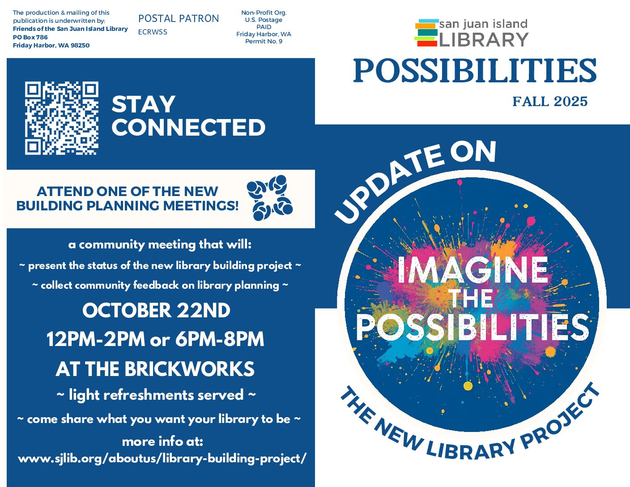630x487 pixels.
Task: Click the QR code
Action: coord(62,118)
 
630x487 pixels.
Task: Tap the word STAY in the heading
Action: coord(143,104)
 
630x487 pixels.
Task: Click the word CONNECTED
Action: coord(188,127)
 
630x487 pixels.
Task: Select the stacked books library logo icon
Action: coord(426,33)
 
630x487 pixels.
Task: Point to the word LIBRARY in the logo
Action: coord(484,40)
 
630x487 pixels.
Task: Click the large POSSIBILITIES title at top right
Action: coord(475,70)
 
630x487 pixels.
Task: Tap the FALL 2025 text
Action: coord(550,102)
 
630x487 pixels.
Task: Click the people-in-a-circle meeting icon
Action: coord(270,198)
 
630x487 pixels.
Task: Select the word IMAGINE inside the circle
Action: coord(473,270)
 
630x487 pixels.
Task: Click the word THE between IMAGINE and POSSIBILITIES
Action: coord(471,299)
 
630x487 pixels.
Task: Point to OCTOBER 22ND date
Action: coord(156,310)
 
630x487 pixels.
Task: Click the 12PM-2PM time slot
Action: coord(96,339)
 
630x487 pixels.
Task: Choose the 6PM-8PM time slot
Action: coord(220,339)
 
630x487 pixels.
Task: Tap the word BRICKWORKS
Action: coord(189,369)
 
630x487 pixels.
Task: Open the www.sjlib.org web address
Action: coord(162,458)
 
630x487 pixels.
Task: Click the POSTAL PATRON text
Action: coord(179,18)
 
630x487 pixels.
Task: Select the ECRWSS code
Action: coord(153,32)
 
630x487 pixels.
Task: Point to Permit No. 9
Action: coord(264,41)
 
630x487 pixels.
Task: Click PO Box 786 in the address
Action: coord(30,37)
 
